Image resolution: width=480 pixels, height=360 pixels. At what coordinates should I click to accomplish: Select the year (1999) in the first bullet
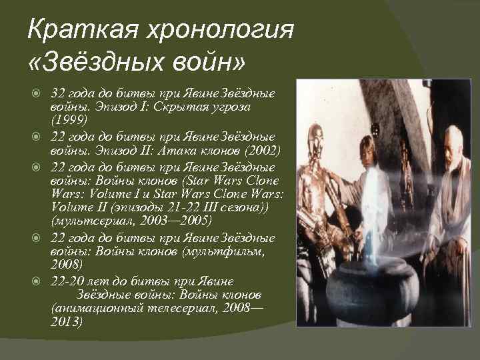pyautogui.click(x=66, y=119)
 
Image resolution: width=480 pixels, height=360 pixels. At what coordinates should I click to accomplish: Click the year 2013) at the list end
pyautogui.click(x=66, y=322)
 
